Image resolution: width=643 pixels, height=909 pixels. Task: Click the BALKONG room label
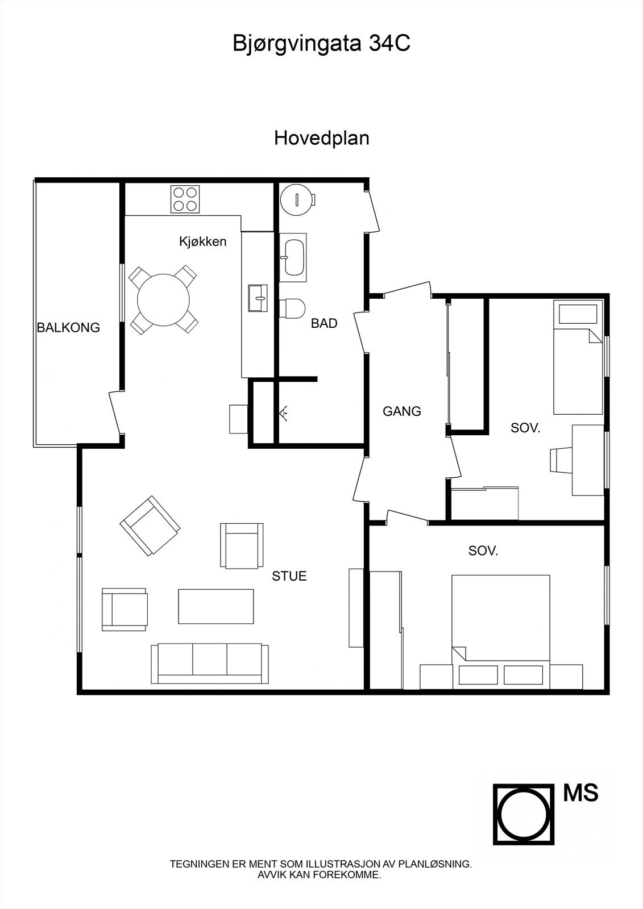point(68,328)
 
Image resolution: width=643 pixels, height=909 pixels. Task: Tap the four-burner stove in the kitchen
point(185,199)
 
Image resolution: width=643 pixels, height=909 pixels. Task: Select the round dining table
point(164,299)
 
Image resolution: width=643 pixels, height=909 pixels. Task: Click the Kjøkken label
point(202,241)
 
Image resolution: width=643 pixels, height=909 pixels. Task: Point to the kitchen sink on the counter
point(259,298)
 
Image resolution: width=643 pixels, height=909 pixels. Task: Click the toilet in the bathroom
point(292,308)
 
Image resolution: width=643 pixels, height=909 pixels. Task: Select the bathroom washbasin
point(293,257)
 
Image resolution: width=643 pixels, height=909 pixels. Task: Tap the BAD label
point(324,324)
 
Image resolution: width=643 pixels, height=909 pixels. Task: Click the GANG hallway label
point(401,411)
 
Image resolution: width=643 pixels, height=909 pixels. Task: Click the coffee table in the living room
point(216,606)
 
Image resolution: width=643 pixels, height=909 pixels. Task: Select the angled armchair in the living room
point(150,526)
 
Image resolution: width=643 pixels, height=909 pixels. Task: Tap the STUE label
point(289,576)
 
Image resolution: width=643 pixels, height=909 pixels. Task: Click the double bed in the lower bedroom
point(500,619)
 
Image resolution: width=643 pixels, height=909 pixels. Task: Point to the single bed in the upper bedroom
point(578,360)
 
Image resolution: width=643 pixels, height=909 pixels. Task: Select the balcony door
point(116,414)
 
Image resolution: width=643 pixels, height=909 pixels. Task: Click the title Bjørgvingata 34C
point(321,44)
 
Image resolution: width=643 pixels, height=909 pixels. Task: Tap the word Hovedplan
point(321,138)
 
